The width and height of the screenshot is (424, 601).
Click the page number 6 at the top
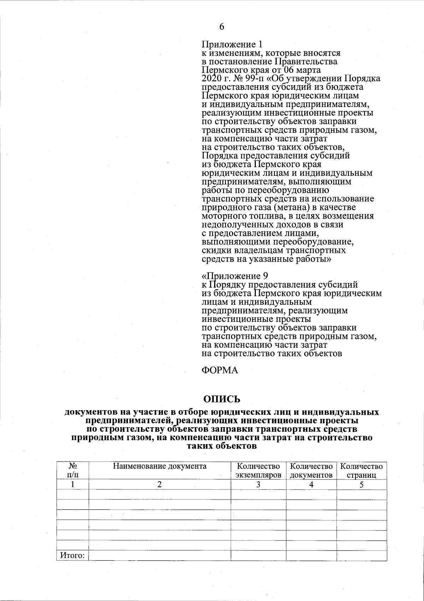click(222, 27)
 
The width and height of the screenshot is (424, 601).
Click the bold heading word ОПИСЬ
click(222, 399)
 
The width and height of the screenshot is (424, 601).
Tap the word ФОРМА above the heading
click(220, 370)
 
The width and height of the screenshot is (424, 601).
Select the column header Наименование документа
click(160, 466)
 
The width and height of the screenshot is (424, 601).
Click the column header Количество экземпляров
click(258, 471)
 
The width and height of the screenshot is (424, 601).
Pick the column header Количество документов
click(311, 471)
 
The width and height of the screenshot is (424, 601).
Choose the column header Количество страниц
click(361, 471)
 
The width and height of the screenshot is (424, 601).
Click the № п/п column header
click(72, 471)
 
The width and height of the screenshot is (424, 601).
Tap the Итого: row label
click(72, 556)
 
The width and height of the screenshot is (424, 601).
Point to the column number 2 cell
click(160, 484)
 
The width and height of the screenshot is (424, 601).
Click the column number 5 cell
click(361, 484)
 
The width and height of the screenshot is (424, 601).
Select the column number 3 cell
click(258, 484)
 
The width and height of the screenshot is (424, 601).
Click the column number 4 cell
click(311, 484)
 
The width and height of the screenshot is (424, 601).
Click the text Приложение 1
click(232, 45)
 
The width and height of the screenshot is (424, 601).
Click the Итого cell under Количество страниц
click(361, 555)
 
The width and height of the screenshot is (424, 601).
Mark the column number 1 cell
click(72, 484)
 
